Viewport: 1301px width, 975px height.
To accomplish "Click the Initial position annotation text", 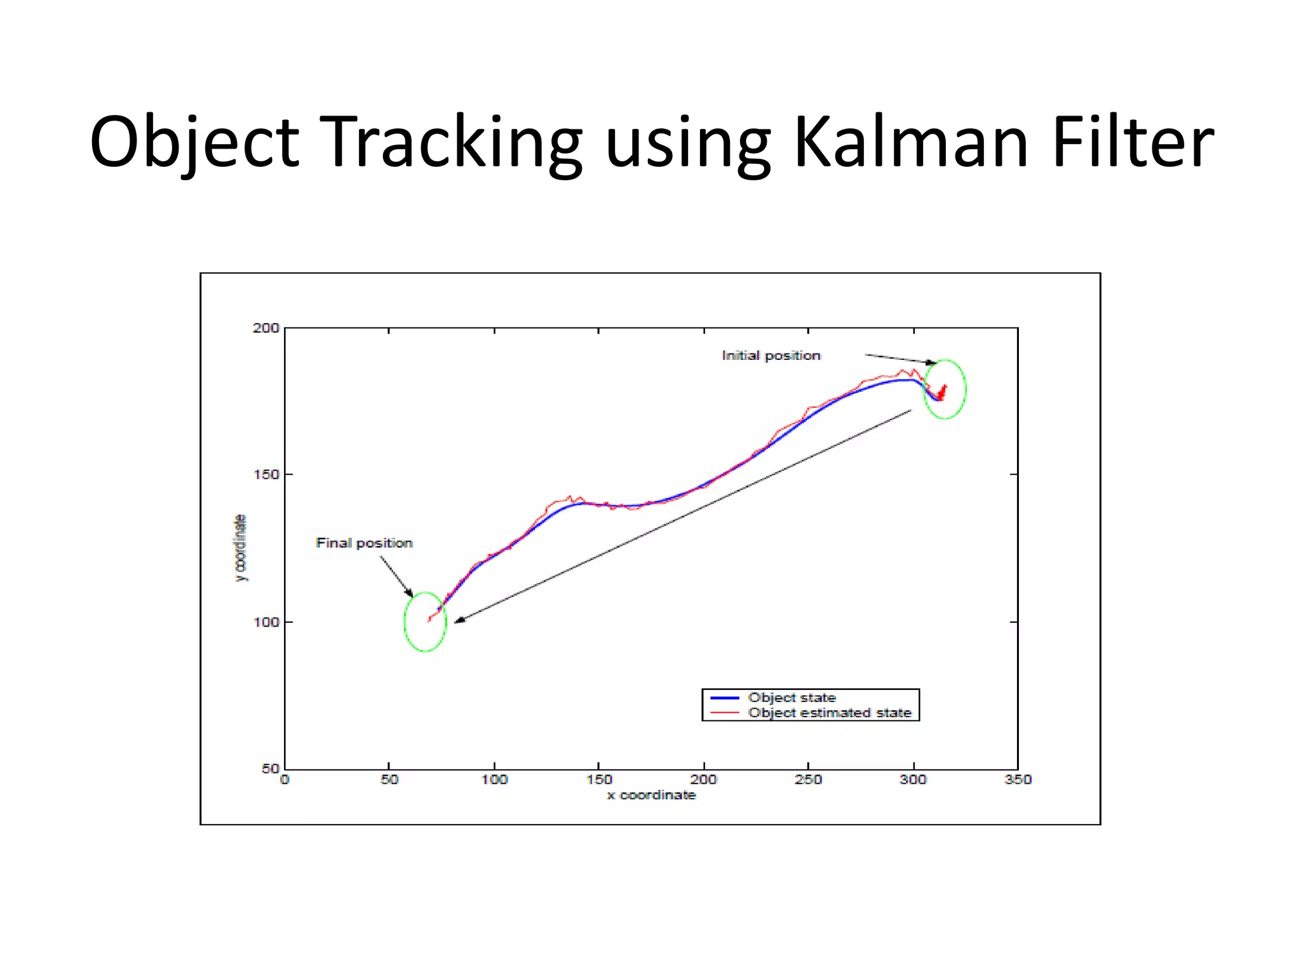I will point(771,355).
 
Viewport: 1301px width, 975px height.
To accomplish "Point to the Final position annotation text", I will point(364,543).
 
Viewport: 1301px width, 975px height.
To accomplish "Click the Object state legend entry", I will point(792,698).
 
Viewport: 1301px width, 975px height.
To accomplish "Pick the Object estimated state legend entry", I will point(829,713).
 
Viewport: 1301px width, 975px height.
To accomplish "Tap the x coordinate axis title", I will point(651,795).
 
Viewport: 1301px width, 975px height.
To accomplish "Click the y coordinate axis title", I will point(240,548).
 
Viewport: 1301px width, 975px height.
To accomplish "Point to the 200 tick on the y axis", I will point(266,328).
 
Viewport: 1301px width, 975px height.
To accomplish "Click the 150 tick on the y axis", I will point(266,475).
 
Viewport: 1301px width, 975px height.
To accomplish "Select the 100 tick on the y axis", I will point(266,622).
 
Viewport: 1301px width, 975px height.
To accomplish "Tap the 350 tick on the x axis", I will point(1018,779).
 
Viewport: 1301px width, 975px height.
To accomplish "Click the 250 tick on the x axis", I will point(808,779).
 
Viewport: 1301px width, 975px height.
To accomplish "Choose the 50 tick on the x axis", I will point(389,779).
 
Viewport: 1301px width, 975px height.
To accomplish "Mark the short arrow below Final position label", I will point(396,576).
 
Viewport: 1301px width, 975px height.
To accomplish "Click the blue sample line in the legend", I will point(724,698).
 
